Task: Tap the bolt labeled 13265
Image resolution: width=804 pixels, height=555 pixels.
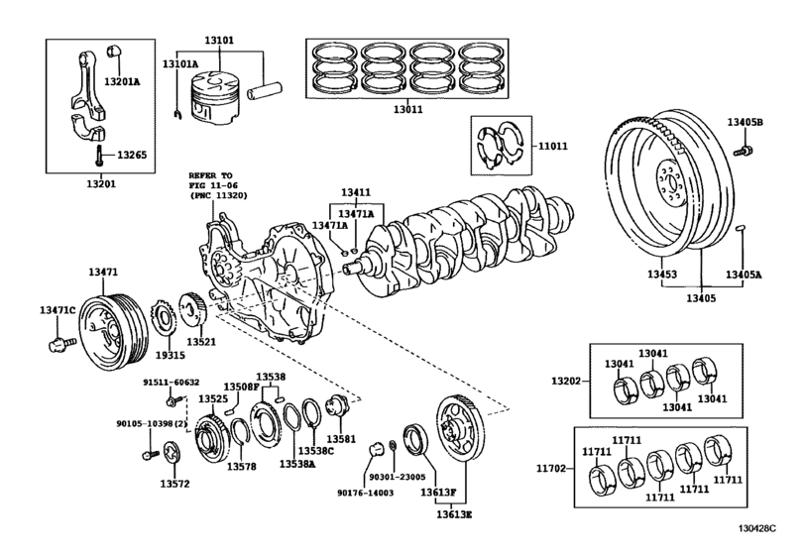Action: (x=101, y=155)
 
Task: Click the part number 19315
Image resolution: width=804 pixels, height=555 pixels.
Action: (x=171, y=355)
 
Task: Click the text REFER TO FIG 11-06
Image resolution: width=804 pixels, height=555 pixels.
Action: (x=217, y=184)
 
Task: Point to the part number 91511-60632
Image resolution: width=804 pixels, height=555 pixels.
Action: (x=170, y=382)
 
